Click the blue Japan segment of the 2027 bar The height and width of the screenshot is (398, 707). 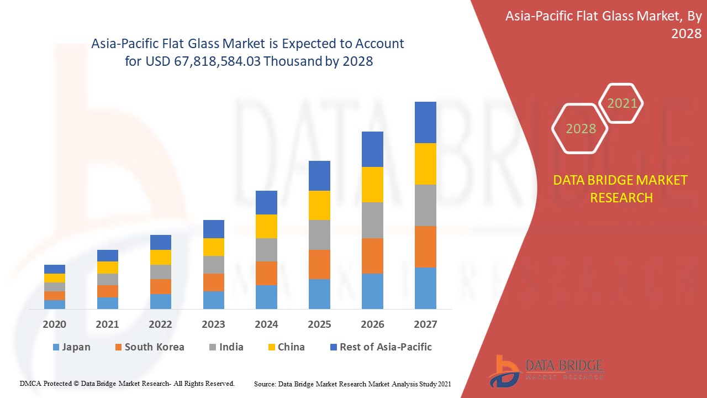(425, 288)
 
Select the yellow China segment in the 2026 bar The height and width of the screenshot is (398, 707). (372, 185)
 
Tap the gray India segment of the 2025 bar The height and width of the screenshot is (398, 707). (319, 235)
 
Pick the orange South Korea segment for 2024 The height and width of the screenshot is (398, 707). (266, 273)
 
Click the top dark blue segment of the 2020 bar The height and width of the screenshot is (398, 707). (55, 269)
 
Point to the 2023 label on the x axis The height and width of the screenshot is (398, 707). (213, 324)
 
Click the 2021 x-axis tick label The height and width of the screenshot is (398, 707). (107, 324)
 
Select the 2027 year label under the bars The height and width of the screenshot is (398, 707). (425, 324)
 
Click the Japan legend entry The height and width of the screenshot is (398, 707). (71, 347)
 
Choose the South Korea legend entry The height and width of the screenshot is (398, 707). (149, 347)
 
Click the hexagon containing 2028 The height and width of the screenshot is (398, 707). (581, 129)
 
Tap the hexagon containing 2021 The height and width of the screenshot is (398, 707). (622, 103)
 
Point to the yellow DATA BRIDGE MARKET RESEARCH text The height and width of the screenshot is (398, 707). (621, 189)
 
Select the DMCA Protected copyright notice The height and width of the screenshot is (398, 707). (128, 383)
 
